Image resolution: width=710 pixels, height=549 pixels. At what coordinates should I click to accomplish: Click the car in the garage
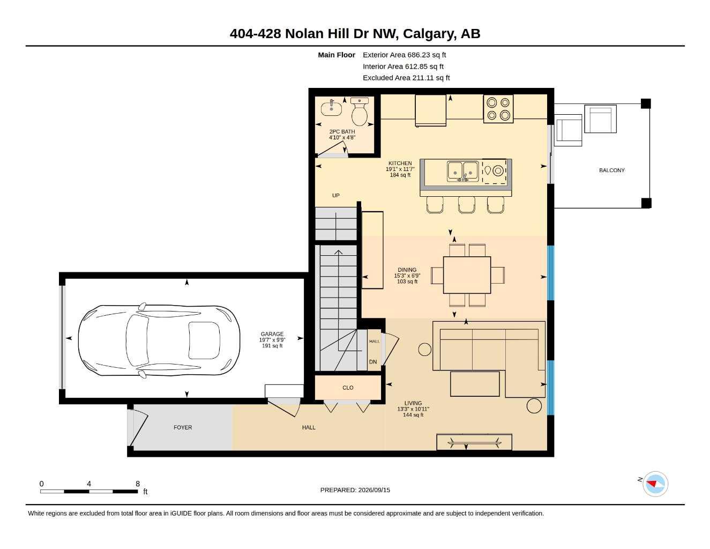coord(159,340)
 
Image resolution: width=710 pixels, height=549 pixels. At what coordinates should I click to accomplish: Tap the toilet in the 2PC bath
coord(360,112)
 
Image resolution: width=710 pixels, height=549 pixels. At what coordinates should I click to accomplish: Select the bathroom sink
coord(331,108)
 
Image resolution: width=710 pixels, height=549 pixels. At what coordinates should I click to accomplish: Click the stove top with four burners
coord(498,108)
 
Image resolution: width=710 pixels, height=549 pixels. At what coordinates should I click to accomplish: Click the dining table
coord(467,275)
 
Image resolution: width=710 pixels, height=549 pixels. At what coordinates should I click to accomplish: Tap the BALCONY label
coord(611,170)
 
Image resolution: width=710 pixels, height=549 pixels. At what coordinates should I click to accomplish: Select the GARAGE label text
coord(272,334)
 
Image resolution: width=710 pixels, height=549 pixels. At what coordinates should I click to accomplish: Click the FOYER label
coord(183,427)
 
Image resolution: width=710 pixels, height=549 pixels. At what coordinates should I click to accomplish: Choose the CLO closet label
coord(348,388)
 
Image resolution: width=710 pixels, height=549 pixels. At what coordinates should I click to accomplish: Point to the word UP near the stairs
coord(335,195)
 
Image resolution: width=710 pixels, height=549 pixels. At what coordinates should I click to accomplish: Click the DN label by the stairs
coord(373,362)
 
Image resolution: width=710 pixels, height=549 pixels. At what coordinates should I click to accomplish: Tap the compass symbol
coord(655,484)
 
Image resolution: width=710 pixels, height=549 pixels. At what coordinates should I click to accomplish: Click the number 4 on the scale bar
coord(89,484)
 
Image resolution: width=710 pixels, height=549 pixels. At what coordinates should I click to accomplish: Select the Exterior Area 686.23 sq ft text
coord(404,55)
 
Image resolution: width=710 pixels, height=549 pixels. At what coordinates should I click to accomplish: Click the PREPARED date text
coord(355,490)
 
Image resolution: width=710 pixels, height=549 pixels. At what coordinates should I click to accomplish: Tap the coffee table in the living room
coord(475,384)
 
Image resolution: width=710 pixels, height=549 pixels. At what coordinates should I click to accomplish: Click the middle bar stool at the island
coord(467,205)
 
